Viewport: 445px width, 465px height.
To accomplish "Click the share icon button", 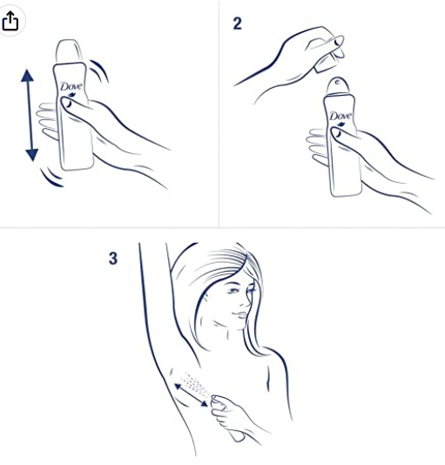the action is click(10, 21).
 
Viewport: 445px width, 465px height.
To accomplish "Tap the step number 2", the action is click(238, 24).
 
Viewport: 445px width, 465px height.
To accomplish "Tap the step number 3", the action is click(113, 259).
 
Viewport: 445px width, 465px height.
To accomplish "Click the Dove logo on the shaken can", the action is click(71, 86).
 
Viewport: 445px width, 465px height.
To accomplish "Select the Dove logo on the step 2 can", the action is click(340, 116).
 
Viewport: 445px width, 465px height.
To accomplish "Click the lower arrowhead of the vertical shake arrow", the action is click(31, 155).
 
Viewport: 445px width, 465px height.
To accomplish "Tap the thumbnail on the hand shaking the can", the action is click(67, 104).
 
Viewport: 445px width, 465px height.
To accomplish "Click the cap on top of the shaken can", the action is click(69, 51).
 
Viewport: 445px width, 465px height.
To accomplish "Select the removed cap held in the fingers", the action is click(328, 57).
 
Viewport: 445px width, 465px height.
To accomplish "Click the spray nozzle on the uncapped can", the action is click(338, 82).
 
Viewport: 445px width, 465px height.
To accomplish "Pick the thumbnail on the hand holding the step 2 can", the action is click(337, 133).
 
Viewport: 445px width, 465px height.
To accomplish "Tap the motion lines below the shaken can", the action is click(52, 178).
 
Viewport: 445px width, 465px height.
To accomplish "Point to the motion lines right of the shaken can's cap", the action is click(100, 71).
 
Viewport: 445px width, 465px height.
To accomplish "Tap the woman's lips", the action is click(239, 314).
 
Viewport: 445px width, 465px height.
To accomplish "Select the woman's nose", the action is click(245, 301).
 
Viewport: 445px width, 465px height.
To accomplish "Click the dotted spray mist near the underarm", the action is click(195, 383).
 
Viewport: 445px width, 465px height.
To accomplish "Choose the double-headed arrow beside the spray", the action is click(191, 394).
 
